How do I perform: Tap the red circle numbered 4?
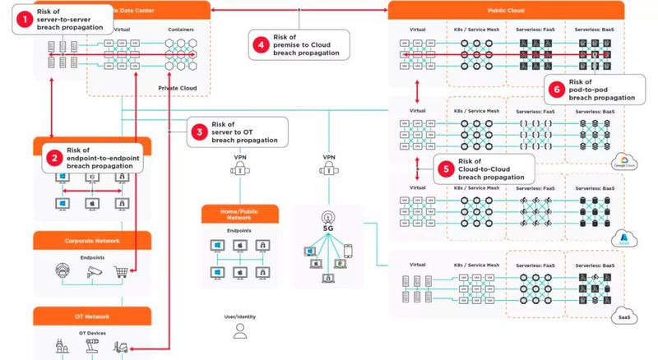(261, 45)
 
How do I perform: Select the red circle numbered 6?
(558, 89)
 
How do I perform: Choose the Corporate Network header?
(92, 241)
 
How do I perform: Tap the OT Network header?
(92, 316)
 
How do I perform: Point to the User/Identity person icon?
(240, 330)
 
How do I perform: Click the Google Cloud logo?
(619, 161)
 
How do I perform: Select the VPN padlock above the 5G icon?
(329, 171)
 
